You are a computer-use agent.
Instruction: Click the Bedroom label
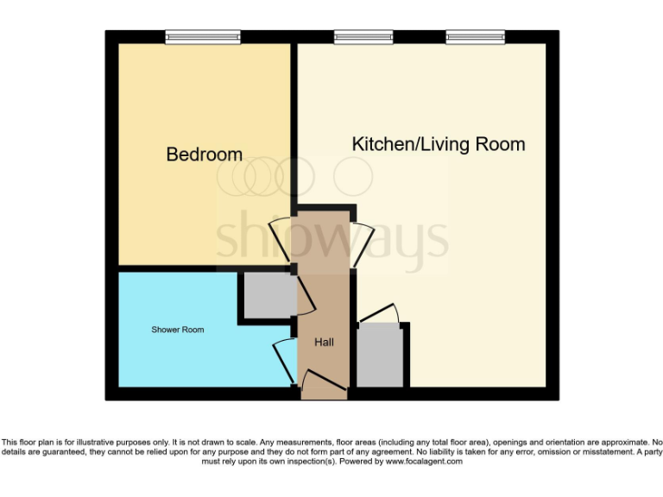(x=204, y=154)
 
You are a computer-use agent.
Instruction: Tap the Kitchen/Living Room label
(x=439, y=144)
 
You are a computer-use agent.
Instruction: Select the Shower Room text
(x=178, y=330)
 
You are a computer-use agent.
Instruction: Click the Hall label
(x=325, y=343)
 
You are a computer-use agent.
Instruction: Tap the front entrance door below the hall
(x=324, y=393)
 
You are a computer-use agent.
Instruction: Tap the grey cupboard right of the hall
(x=380, y=355)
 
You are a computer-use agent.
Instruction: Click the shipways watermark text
(x=331, y=238)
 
